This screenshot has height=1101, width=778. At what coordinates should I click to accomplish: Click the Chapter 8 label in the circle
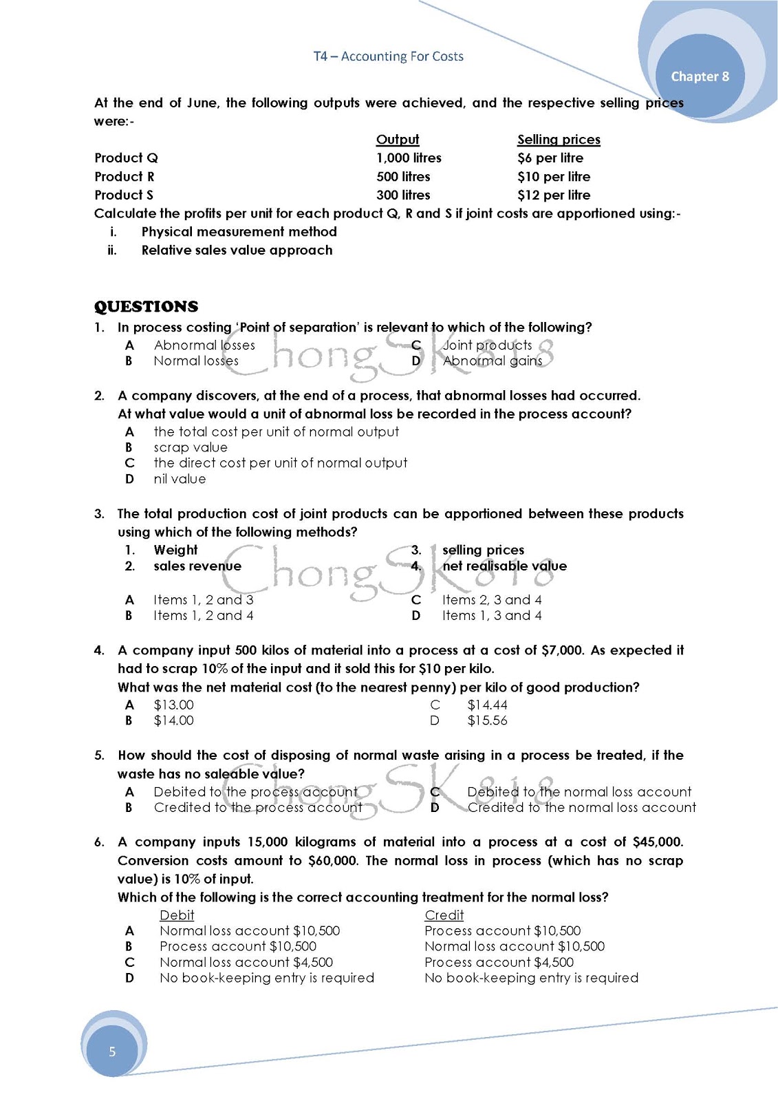coord(700,76)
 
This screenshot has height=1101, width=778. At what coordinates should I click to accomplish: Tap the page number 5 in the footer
coord(112,1051)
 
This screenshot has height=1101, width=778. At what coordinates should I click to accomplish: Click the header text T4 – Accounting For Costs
coord(388,56)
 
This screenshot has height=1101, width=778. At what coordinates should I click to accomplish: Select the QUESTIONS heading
coord(146,307)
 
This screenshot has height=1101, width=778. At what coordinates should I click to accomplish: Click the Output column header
coord(397,140)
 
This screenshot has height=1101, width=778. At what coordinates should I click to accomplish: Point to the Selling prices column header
coord(559,140)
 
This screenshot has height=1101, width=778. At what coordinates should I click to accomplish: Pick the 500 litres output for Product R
coord(403,177)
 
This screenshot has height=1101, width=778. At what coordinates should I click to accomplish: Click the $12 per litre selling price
coord(554,195)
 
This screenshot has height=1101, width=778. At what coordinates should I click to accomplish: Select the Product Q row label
coord(126,158)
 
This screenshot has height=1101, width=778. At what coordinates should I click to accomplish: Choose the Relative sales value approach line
coord(237,250)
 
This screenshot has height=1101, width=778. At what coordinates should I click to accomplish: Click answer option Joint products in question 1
coord(487,345)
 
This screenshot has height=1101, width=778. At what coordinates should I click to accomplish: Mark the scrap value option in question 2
coord(190,447)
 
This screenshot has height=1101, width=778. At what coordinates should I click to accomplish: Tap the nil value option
coord(180,479)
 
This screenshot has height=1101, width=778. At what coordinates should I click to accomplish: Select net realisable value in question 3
coord(504,566)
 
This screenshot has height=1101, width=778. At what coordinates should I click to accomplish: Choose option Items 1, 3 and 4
coord(492,616)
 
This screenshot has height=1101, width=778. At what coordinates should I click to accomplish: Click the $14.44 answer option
coord(487,705)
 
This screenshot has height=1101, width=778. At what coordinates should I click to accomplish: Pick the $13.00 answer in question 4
coord(173,705)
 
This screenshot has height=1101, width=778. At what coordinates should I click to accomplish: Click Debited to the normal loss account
coord(579,792)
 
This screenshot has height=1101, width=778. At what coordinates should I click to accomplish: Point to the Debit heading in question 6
coord(177,915)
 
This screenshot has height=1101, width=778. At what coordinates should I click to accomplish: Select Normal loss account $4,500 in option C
coord(246,963)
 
